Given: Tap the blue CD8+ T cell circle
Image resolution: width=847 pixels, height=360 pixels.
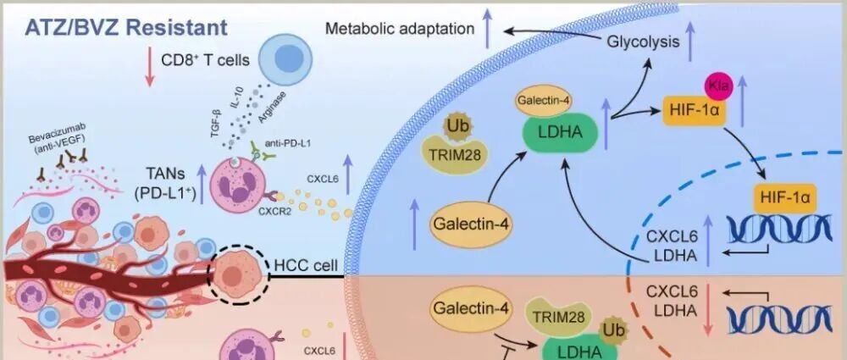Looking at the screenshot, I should (285, 61).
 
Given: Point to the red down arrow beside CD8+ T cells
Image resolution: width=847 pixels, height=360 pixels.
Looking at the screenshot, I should (148, 68).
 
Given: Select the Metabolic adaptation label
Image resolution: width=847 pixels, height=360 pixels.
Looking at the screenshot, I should (400, 29).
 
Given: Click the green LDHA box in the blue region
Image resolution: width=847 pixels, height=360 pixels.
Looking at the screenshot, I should (559, 133).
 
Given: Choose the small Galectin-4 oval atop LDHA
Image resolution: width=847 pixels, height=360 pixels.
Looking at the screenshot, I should (543, 102).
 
